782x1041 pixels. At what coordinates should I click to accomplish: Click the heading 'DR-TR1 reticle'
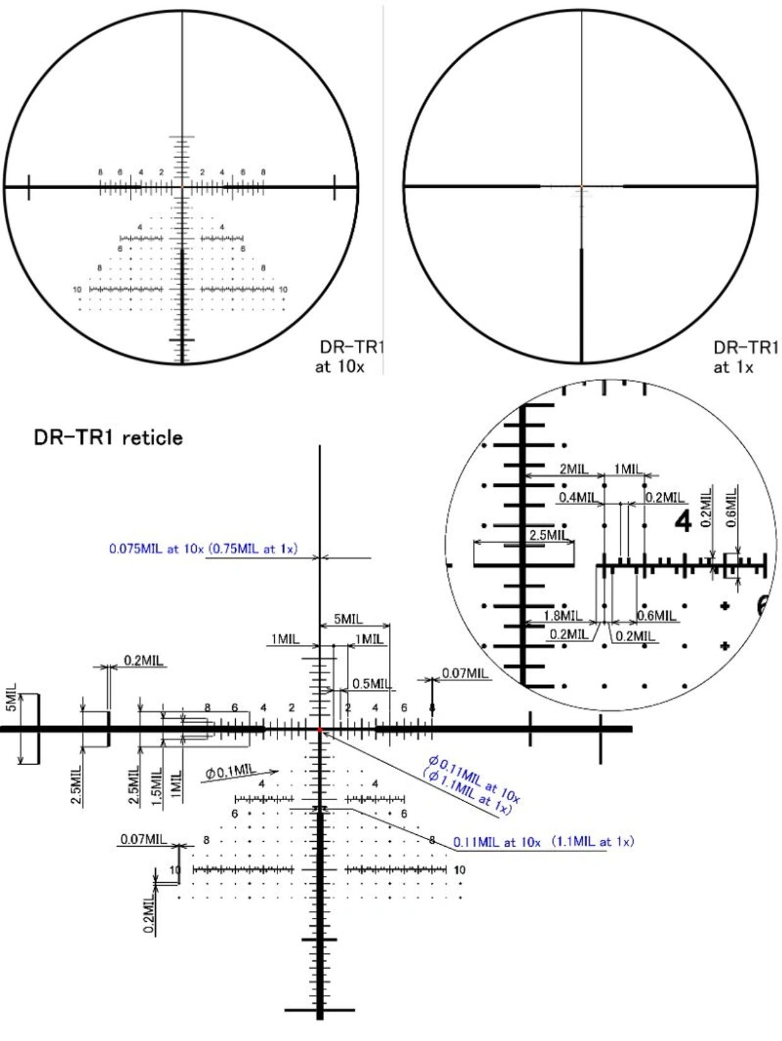click(x=108, y=437)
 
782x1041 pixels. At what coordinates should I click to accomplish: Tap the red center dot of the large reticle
click(x=320, y=730)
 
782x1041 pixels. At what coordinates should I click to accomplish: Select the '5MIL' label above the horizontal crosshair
click(x=348, y=619)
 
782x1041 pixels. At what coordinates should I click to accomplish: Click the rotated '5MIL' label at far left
click(x=11, y=697)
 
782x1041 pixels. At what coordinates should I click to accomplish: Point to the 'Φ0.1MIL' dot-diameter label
click(x=231, y=770)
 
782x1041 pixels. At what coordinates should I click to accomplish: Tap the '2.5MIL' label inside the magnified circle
click(x=547, y=535)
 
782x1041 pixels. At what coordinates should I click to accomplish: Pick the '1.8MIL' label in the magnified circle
click(x=563, y=615)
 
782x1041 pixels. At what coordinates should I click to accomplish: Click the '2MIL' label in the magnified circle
click(x=573, y=469)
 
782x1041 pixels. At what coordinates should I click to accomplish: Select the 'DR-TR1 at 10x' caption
click(x=349, y=356)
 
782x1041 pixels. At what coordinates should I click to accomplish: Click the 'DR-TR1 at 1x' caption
click(x=744, y=357)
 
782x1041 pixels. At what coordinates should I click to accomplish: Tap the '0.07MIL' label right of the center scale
click(x=465, y=673)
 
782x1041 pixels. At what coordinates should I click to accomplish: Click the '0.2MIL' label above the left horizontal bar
click(x=143, y=661)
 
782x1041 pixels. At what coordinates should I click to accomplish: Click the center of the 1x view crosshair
click(x=581, y=186)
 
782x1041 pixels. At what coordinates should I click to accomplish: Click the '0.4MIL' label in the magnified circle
click(x=577, y=497)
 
